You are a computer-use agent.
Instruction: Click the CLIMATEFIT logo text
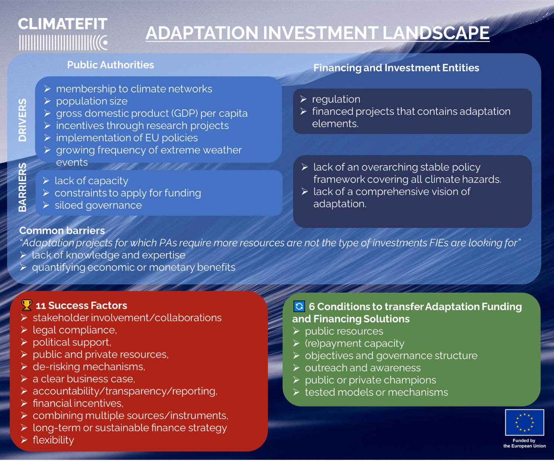tap(62, 24)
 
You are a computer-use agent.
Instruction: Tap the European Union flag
tap(524, 422)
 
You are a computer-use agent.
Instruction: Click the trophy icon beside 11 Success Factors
tap(27, 305)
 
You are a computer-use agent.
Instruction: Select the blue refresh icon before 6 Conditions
tap(299, 306)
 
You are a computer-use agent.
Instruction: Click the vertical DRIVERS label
tap(23, 120)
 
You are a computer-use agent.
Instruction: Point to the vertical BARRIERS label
tap(23, 187)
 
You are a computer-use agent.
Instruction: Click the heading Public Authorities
tap(111, 65)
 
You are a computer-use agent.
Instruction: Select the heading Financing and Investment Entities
tap(396, 68)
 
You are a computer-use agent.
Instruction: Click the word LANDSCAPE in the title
tap(436, 33)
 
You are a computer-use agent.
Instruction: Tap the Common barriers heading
tap(62, 231)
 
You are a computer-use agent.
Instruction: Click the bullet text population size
tap(92, 101)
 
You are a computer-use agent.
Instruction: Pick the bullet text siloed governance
tap(98, 205)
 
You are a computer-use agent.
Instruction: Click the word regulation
tap(336, 99)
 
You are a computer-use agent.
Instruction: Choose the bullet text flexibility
tap(53, 440)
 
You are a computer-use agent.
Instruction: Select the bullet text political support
tap(72, 342)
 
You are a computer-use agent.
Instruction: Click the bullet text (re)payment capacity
tap(355, 343)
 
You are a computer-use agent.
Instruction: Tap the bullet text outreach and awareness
tap(363, 368)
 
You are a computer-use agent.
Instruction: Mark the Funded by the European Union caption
tap(524, 443)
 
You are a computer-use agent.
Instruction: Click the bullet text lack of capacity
tap(91, 181)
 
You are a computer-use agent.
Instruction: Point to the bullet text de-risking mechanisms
tap(89, 367)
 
